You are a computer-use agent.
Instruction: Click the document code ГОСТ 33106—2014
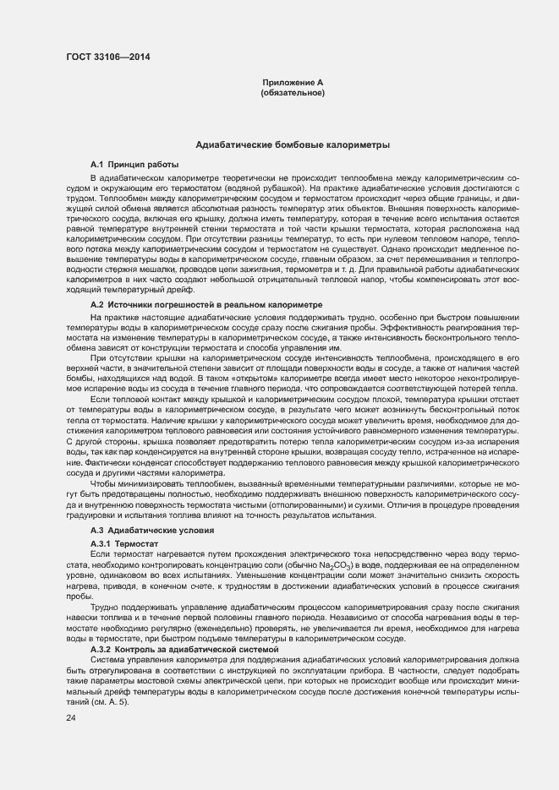coord(102,57)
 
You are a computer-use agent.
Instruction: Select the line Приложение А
coord(293,82)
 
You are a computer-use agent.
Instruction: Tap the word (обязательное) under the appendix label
coord(293,92)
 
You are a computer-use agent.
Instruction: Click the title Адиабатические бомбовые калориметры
coord(293,145)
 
